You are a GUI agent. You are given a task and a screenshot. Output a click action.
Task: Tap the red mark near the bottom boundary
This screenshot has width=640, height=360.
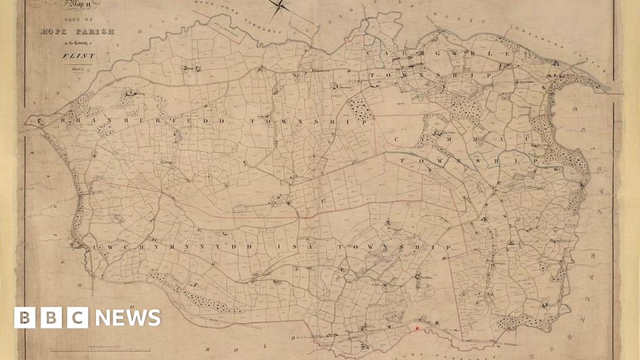click(417, 329)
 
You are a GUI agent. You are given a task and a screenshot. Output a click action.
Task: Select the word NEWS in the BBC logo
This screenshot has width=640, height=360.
click(127, 318)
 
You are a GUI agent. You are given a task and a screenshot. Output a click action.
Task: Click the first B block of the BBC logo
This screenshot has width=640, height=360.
click(25, 318)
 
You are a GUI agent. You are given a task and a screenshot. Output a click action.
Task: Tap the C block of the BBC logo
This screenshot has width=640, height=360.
click(78, 318)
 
